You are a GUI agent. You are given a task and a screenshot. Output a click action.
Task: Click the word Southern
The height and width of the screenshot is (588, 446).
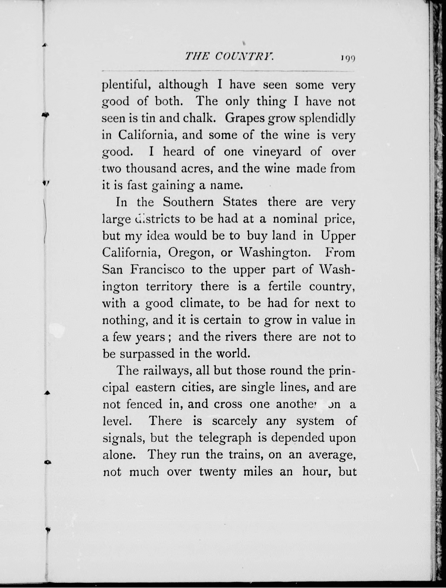188,202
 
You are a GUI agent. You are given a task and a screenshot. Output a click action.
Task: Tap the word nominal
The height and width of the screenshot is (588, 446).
295,219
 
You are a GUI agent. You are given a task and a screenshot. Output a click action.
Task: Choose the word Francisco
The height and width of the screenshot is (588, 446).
157,269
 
